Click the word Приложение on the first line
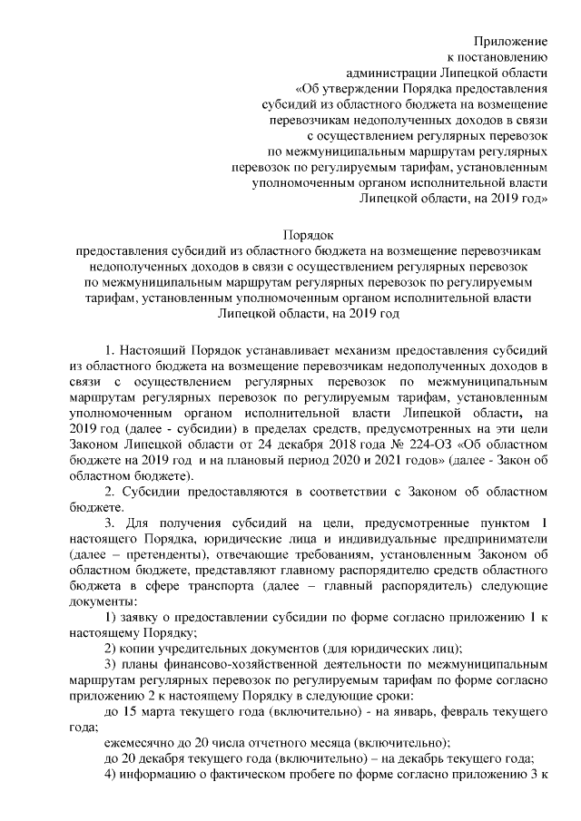click(511, 41)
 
